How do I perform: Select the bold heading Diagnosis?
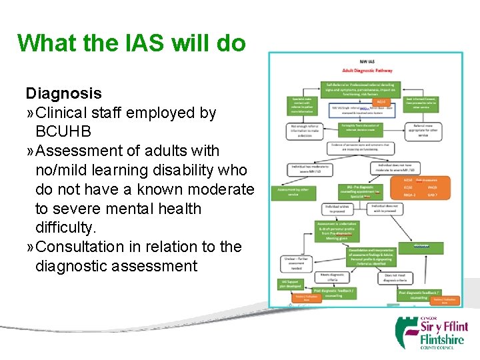click(63, 93)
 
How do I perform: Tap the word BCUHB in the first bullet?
click(63, 131)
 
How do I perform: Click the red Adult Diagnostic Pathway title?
click(367, 70)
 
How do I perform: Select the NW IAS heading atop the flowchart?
click(367, 61)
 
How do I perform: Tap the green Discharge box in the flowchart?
click(421, 246)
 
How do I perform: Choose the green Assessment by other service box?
click(291, 192)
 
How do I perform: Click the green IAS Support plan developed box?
click(292, 284)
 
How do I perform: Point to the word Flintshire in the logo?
click(444, 339)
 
